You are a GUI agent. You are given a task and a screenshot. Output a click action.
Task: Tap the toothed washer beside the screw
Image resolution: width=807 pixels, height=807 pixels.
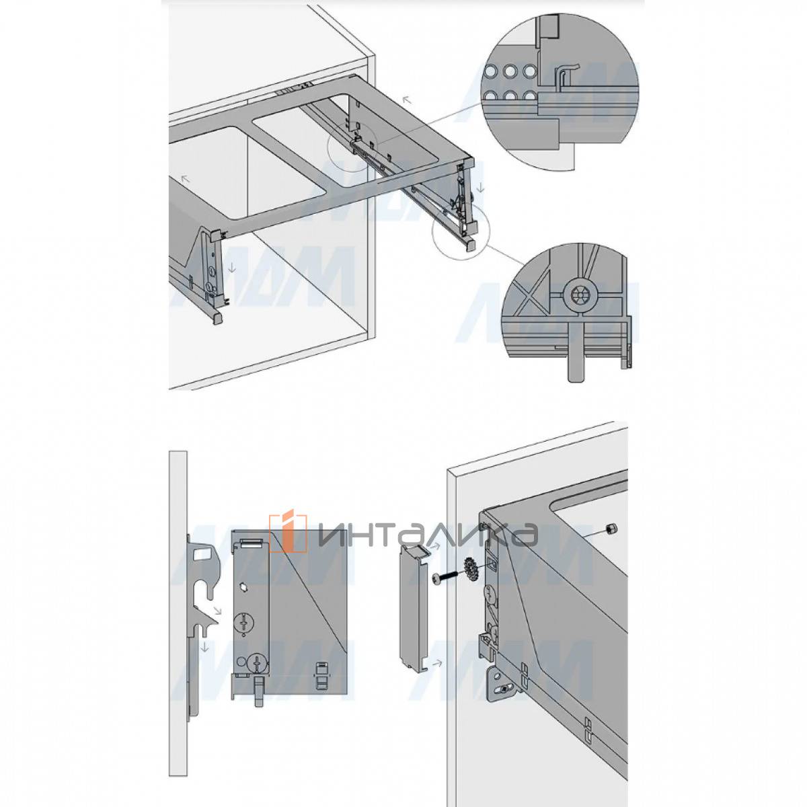(x=470, y=570)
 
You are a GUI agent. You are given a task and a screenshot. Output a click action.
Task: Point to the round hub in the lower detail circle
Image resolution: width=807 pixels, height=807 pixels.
(x=580, y=294)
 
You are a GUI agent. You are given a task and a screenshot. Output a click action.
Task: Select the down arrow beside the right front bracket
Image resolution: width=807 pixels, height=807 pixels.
(x=481, y=188)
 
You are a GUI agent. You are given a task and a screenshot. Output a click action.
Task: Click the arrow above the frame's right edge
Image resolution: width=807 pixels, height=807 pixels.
(x=406, y=100)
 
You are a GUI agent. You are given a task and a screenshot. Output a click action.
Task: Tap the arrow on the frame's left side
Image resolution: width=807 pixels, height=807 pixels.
(x=185, y=179)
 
